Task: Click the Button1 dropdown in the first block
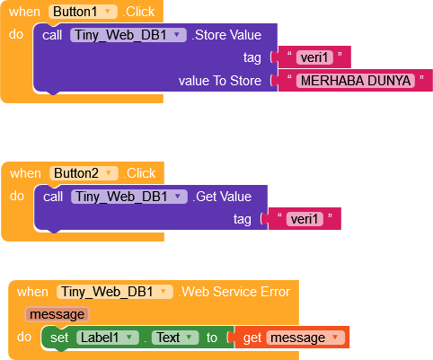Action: tap(83, 12)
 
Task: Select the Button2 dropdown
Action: tap(84, 173)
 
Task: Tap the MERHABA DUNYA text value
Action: tap(356, 81)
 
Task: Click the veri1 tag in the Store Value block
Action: tap(314, 57)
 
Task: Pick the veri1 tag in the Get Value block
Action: tap(305, 219)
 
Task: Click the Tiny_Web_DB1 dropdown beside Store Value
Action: tap(128, 35)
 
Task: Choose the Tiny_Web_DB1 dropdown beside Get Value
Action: tap(129, 197)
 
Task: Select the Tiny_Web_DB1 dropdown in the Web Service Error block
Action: tap(115, 292)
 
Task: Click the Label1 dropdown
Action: tap(108, 338)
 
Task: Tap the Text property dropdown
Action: tap(175, 338)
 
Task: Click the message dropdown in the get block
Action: tap(305, 338)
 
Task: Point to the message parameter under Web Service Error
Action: tap(57, 314)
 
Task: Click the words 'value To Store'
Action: tap(220, 81)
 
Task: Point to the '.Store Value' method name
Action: tap(226, 35)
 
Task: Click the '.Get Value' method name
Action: tap(222, 197)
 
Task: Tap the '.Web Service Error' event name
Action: tap(234, 292)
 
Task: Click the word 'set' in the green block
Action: tap(59, 338)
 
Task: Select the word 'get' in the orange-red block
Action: tap(252, 338)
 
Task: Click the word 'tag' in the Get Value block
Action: tap(243, 219)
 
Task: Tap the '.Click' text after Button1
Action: tap(138, 12)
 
